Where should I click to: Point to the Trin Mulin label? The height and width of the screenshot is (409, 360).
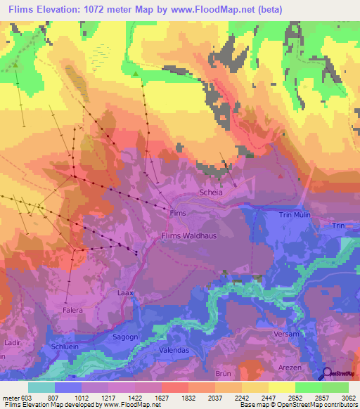295,215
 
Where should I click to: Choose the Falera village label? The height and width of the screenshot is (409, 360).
72,310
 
